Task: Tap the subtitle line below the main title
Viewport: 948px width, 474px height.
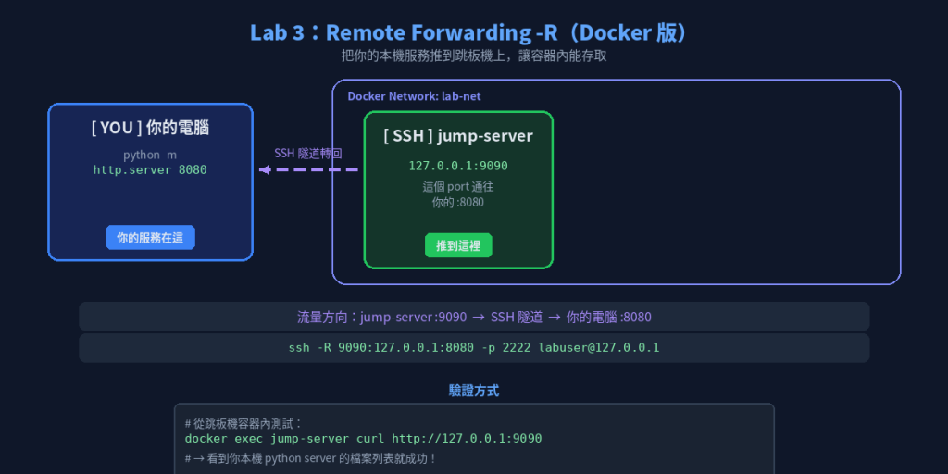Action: click(x=474, y=56)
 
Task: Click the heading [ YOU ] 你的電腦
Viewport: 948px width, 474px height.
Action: click(x=151, y=128)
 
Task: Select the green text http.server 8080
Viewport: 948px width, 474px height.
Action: click(x=150, y=170)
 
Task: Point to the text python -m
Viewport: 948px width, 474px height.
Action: click(x=150, y=155)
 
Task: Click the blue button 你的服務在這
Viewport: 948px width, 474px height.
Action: click(x=150, y=238)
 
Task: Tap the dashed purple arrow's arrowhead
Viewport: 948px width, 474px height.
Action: click(x=264, y=170)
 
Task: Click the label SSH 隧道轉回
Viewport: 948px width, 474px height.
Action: click(x=307, y=153)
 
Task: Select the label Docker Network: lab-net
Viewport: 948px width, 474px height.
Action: click(x=414, y=96)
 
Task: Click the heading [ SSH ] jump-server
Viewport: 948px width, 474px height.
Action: click(x=458, y=136)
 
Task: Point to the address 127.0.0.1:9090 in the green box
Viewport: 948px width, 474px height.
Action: click(x=458, y=166)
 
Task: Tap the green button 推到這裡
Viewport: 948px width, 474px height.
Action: click(x=458, y=245)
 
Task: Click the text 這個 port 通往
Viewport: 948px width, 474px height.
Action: click(x=458, y=187)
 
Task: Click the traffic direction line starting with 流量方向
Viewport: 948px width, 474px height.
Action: click(x=474, y=317)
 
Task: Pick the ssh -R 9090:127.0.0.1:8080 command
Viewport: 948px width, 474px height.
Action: click(x=474, y=348)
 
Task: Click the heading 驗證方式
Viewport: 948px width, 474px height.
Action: click(x=474, y=391)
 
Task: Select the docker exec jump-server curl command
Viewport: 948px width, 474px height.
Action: click(x=363, y=438)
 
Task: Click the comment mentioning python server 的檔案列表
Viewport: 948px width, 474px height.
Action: click(x=311, y=458)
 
